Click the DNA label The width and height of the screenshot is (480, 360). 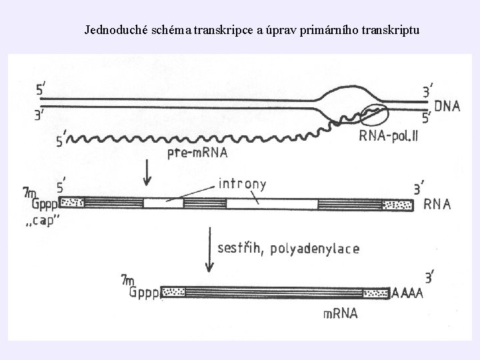pyautogui.click(x=446, y=106)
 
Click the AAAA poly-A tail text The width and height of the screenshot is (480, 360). pyautogui.click(x=407, y=292)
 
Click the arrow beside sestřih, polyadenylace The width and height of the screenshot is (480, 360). pyautogui.click(x=210, y=253)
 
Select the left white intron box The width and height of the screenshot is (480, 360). pyautogui.click(x=163, y=203)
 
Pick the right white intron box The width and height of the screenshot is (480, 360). pyautogui.click(x=271, y=203)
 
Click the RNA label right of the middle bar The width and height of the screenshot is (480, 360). pyautogui.click(x=437, y=204)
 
